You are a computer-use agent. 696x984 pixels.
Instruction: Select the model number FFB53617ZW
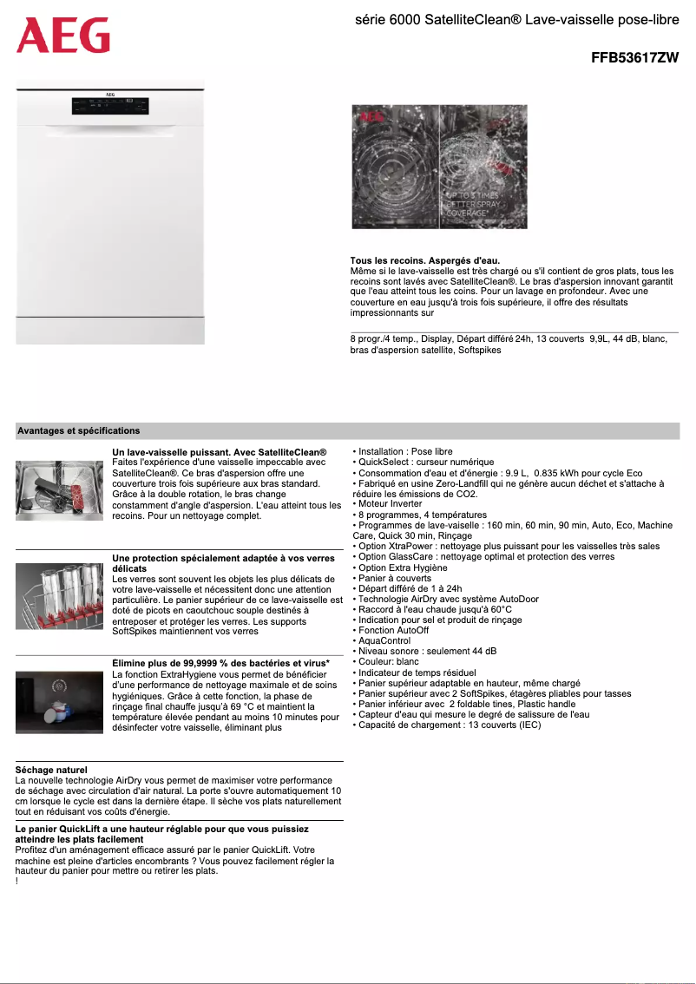(x=634, y=58)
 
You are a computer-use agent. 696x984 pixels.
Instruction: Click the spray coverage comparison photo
(x=439, y=167)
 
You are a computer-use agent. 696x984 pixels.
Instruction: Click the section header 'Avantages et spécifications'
(x=78, y=430)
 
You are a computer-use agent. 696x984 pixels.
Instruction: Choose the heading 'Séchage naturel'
(x=51, y=770)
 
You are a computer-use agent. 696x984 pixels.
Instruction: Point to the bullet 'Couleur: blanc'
(x=389, y=662)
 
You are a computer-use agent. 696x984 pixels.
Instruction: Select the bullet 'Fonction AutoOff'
(x=393, y=631)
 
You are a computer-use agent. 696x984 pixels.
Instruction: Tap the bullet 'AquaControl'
(x=384, y=641)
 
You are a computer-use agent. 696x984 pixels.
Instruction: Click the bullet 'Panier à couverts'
(x=394, y=578)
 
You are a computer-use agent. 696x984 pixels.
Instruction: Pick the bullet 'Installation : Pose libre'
(x=405, y=452)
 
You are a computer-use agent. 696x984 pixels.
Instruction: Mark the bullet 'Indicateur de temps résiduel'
(x=417, y=672)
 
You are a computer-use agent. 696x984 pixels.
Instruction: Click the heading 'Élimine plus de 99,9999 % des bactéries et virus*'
(x=220, y=664)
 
